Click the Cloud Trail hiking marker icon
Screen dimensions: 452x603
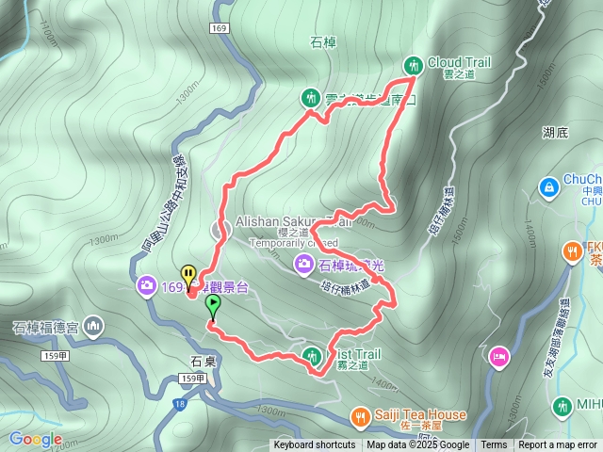(413, 65)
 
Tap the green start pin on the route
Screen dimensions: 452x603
(213, 305)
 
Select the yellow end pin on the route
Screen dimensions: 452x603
(188, 276)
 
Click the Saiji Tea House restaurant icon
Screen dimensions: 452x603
(359, 415)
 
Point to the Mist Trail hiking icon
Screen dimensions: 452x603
(312, 355)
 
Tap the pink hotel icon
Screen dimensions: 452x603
(498, 357)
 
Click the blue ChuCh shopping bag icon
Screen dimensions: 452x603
(547, 188)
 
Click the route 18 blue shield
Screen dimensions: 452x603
(179, 404)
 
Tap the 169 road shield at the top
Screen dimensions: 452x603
(220, 29)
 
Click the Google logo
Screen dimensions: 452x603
(36, 439)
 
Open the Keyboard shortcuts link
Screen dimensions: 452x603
(315, 445)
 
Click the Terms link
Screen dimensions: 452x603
(494, 445)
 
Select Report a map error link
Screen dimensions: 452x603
(558, 445)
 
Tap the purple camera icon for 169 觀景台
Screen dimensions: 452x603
(146, 284)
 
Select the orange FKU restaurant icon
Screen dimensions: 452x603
(571, 250)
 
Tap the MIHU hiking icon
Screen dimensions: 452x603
(562, 406)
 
